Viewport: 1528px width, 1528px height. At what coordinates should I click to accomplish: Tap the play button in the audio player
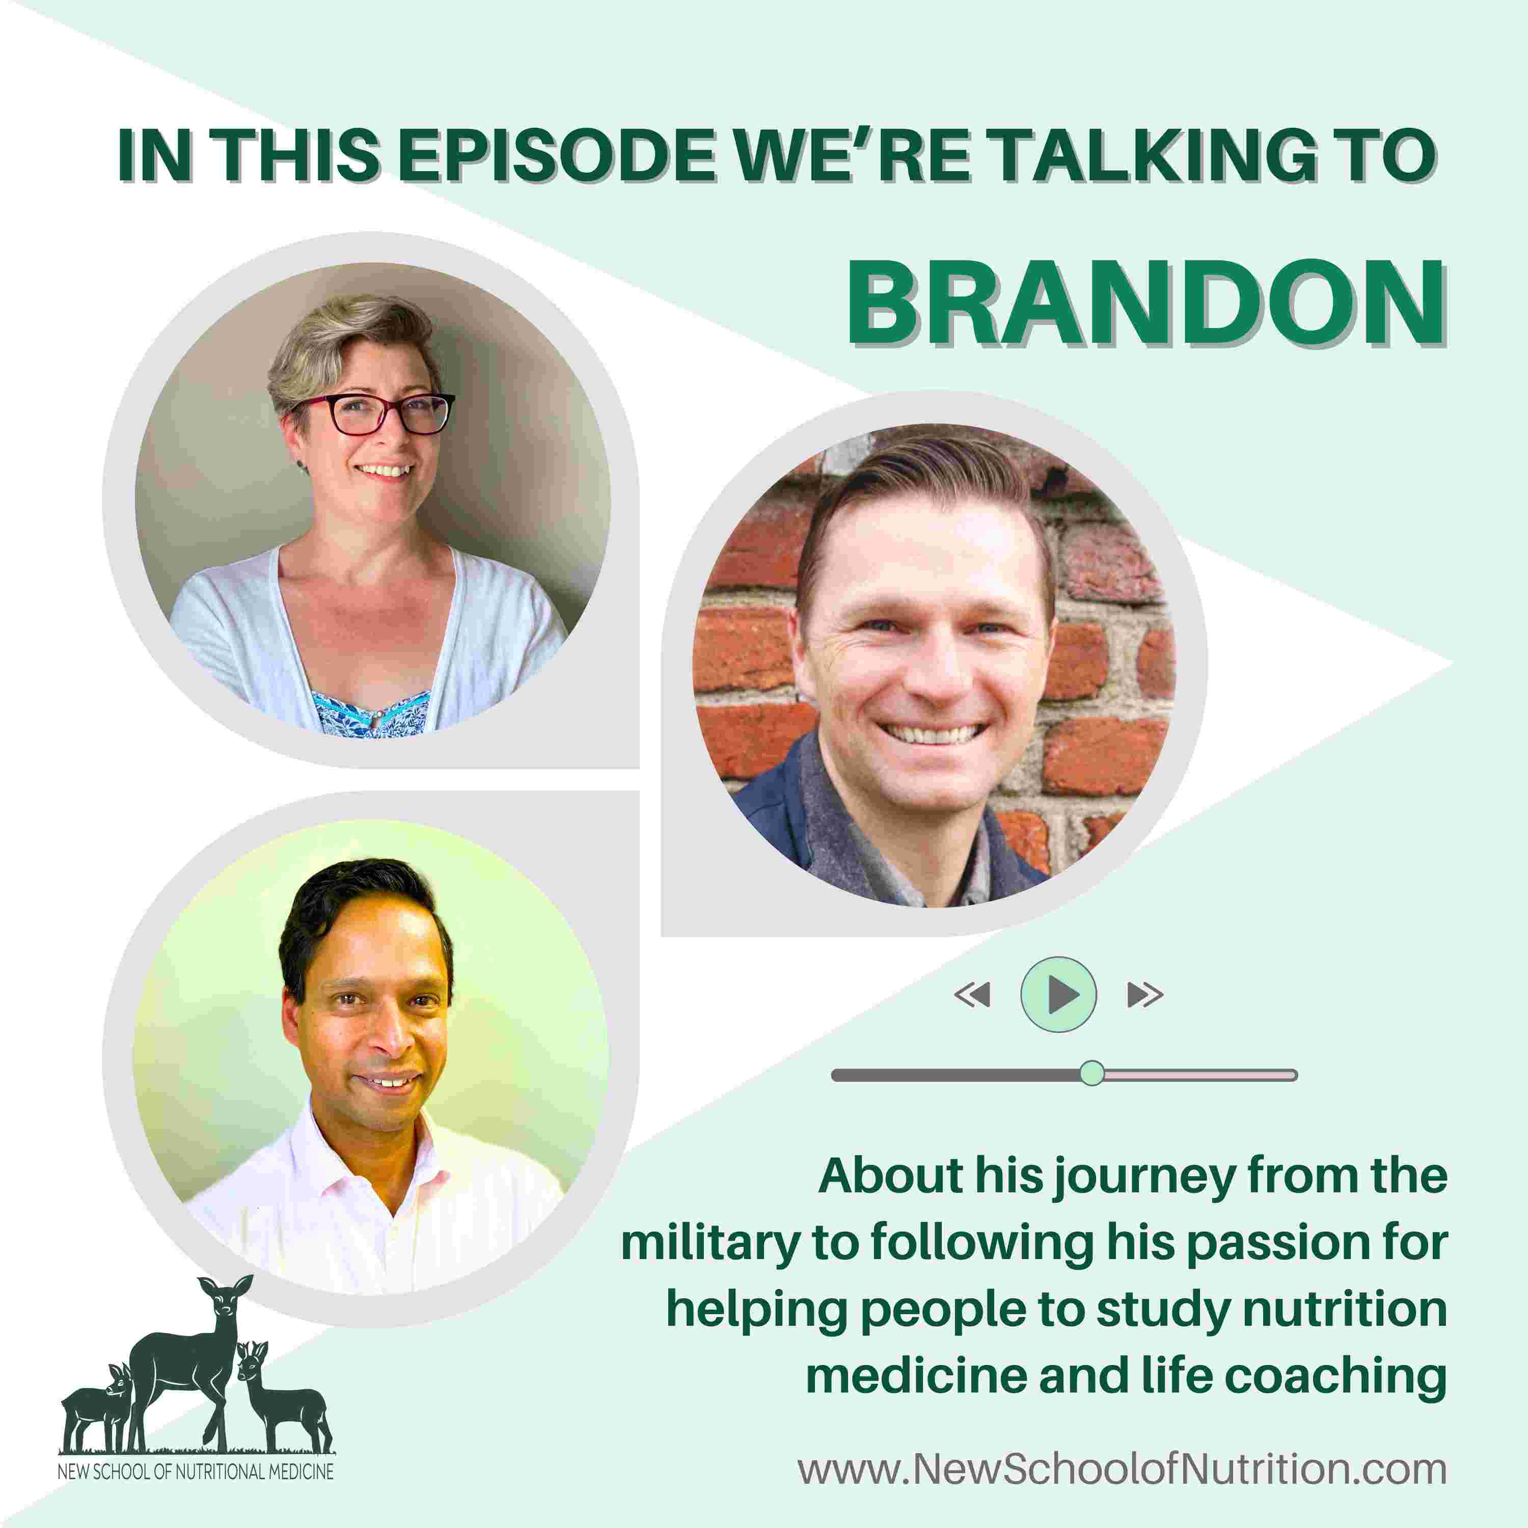pyautogui.click(x=1058, y=994)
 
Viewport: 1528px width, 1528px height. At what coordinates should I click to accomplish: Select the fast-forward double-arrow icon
pyautogui.click(x=1145, y=995)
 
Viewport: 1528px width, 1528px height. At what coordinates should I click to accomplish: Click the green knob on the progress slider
pyautogui.click(x=1092, y=1073)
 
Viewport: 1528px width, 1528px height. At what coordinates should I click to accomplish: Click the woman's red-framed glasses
pyautogui.click(x=372, y=414)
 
